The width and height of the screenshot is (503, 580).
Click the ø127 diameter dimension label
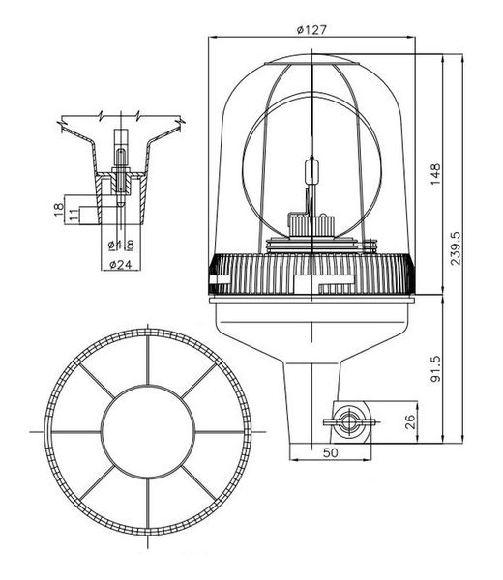click(312, 30)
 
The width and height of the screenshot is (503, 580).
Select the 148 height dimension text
click(435, 174)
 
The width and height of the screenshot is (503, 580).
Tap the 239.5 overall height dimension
click(456, 248)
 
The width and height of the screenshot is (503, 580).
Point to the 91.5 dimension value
click(435, 368)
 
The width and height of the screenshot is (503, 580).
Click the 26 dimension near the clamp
click(410, 421)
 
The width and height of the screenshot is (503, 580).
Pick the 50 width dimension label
click(330, 452)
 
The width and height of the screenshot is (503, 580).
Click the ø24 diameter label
click(121, 265)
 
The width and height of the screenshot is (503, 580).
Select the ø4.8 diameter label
click(121, 245)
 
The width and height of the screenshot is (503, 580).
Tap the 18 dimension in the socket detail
click(59, 210)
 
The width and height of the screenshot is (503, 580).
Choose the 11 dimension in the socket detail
click(74, 215)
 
